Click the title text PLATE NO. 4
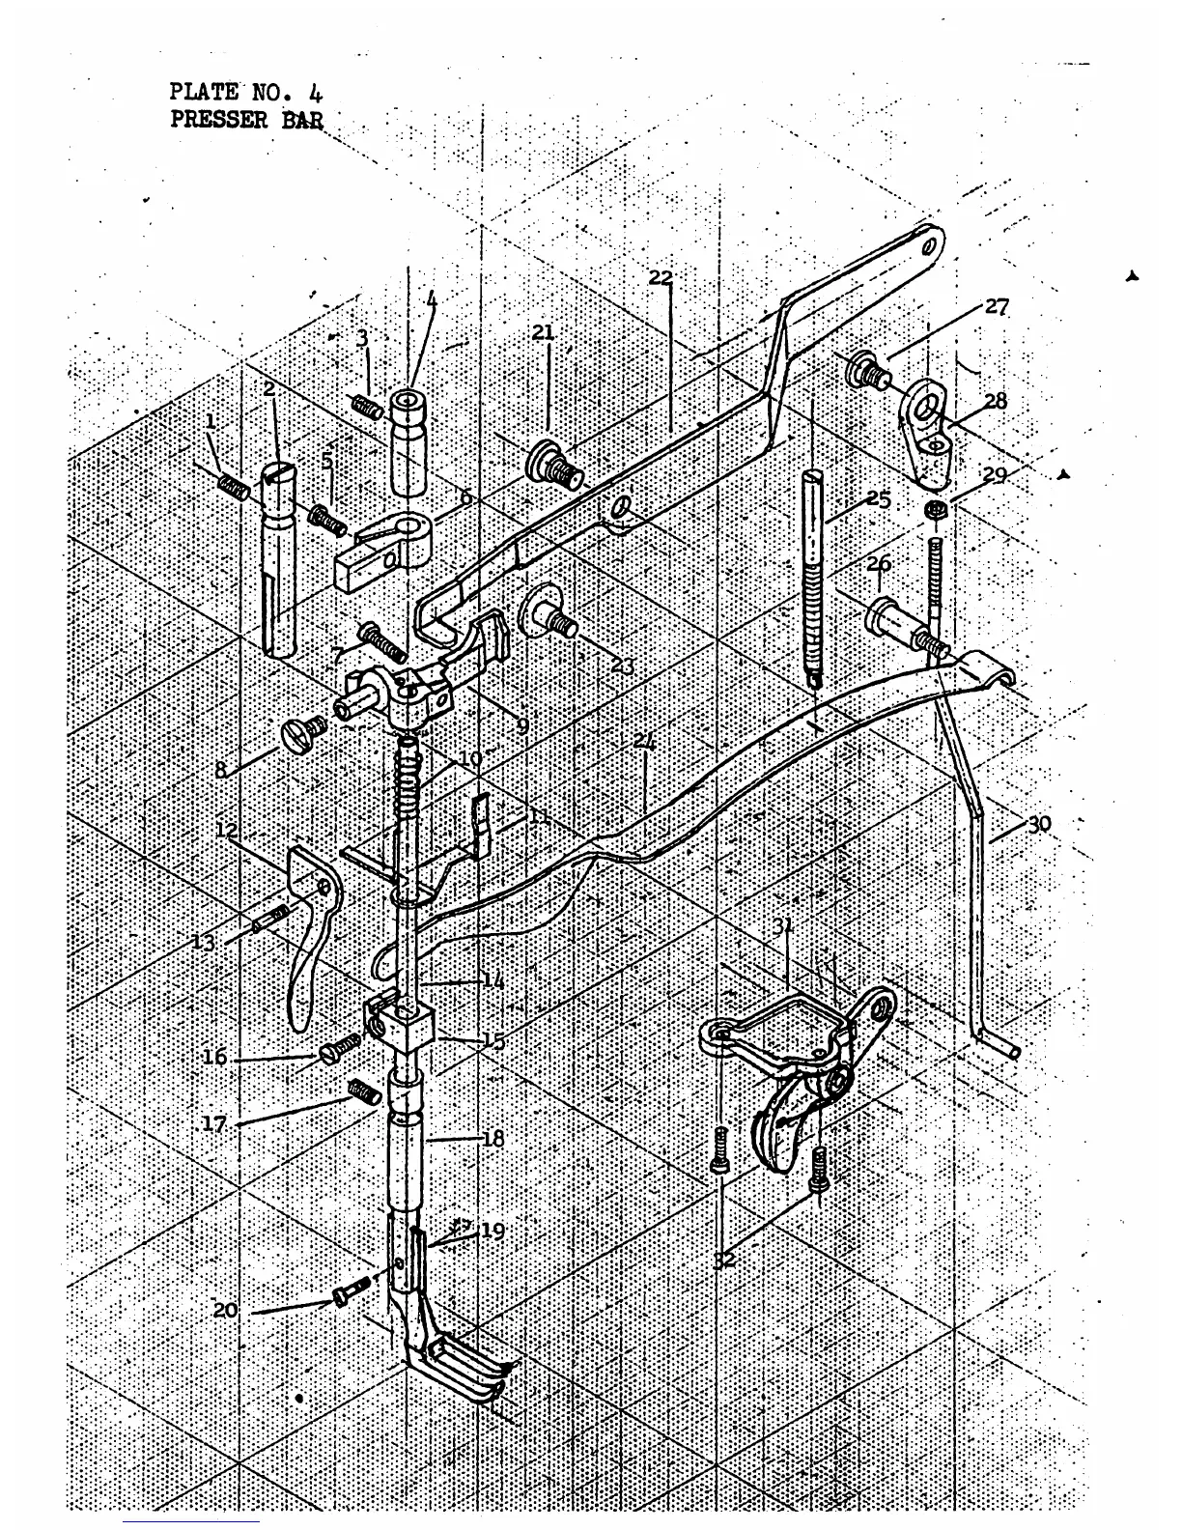click(246, 93)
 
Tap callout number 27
click(997, 307)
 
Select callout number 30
click(1039, 824)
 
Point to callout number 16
click(214, 1057)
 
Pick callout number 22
click(661, 278)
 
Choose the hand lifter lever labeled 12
click(309, 927)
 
